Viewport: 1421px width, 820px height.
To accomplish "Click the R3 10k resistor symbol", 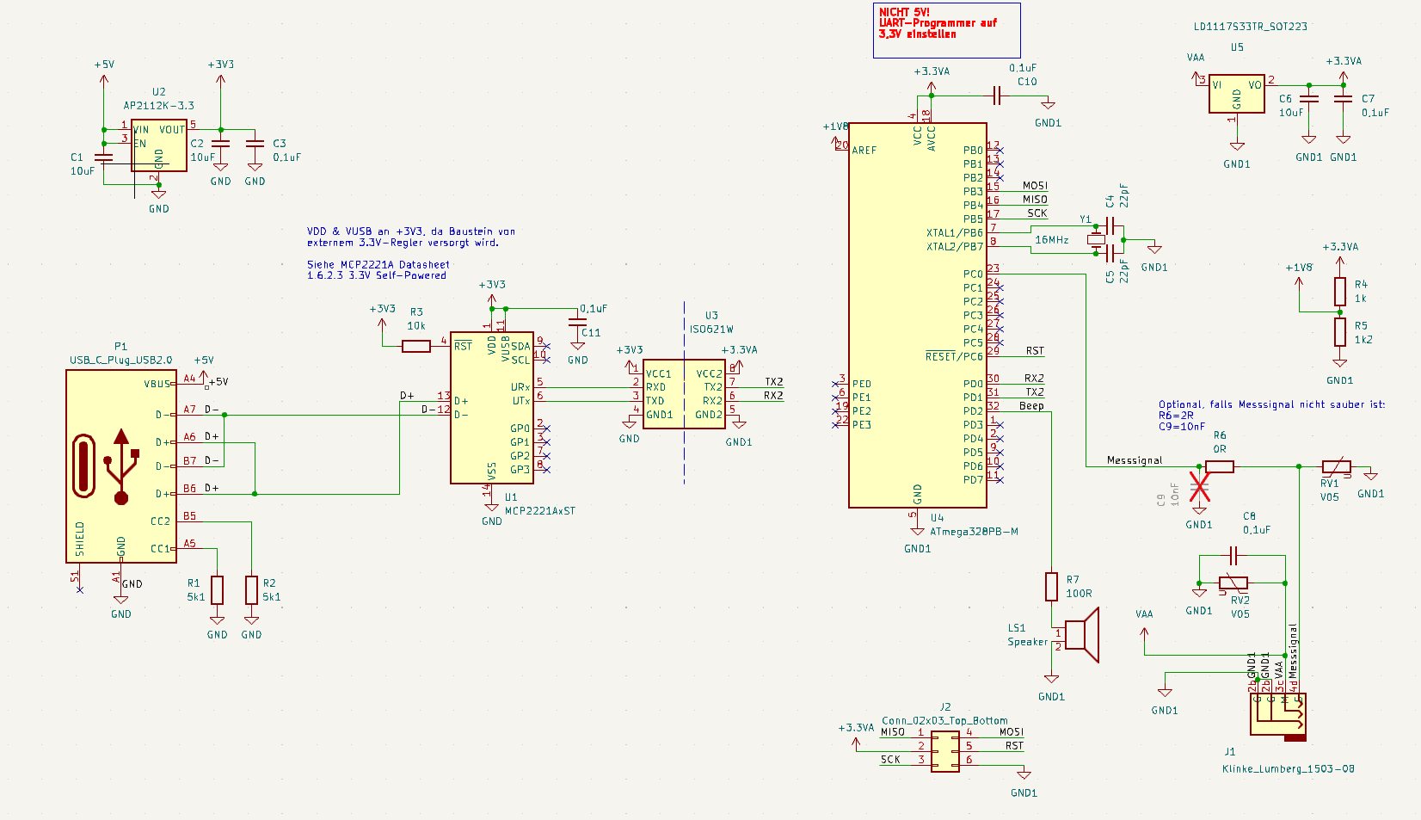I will [x=416, y=346].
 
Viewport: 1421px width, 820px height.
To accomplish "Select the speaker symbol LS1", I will [x=1082, y=635].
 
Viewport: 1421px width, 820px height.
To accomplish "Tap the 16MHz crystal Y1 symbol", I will [x=1096, y=240].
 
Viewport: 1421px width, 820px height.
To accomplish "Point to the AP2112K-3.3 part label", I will [x=159, y=106].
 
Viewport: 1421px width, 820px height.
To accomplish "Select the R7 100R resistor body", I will [x=1051, y=586].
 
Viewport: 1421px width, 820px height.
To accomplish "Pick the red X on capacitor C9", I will [x=1199, y=486].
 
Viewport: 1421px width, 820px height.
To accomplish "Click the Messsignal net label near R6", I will [x=1135, y=460].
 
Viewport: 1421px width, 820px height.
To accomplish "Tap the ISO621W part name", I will [x=711, y=329].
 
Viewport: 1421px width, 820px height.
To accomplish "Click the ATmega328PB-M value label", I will [x=974, y=531].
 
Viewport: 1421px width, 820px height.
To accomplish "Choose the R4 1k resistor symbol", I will [x=1339, y=292].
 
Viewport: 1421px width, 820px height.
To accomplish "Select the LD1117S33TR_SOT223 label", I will [x=1250, y=27].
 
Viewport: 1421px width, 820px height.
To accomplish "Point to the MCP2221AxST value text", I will [x=540, y=510].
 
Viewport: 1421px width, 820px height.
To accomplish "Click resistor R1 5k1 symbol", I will [x=217, y=590].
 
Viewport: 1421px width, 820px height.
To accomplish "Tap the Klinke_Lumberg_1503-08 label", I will [x=1288, y=768].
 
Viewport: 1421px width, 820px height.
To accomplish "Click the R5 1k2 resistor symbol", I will [x=1339, y=331].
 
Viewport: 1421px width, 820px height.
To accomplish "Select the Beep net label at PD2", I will [x=1031, y=405].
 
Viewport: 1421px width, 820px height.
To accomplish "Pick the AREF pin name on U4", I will [x=864, y=151].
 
